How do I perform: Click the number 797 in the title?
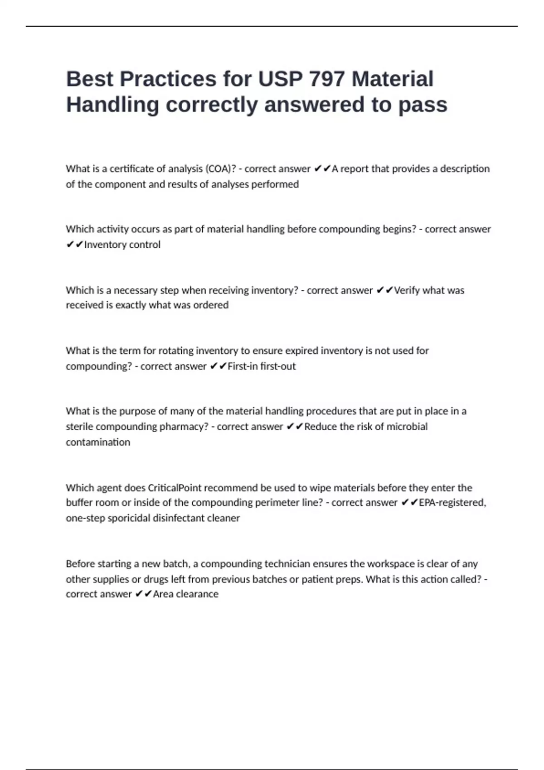pos(326,79)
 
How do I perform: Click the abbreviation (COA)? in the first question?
pos(221,169)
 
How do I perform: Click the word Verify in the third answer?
pos(407,290)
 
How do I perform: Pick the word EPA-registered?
pos(452,503)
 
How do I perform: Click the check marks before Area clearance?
pos(144,594)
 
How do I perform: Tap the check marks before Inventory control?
pos(74,245)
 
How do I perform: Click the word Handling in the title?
pos(113,105)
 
